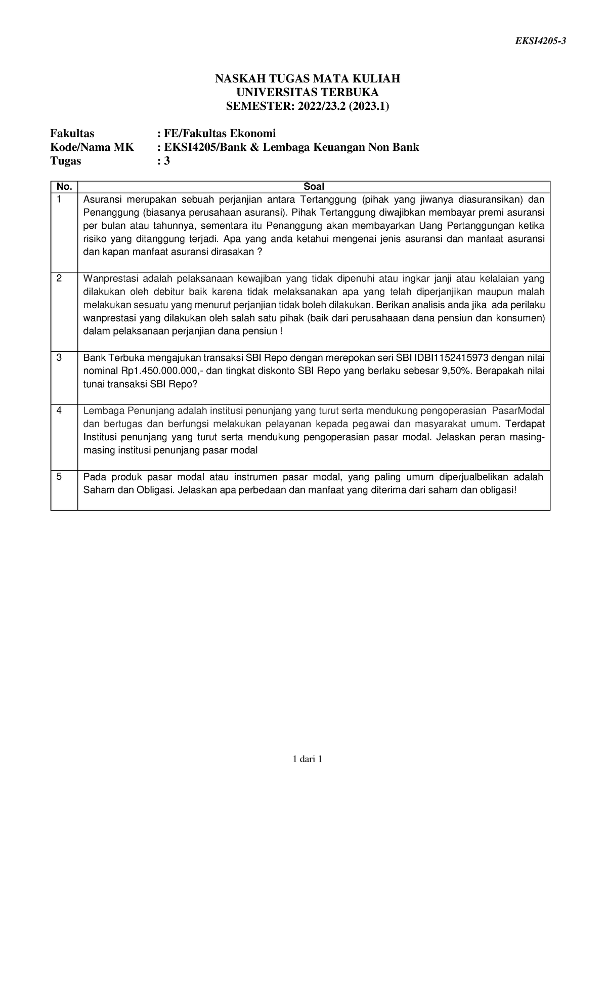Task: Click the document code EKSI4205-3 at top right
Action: pyautogui.click(x=540, y=41)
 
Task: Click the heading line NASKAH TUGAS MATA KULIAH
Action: pyautogui.click(x=308, y=78)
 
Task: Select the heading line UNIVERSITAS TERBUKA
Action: pyautogui.click(x=308, y=92)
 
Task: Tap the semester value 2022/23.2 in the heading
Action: pyautogui.click(x=327, y=106)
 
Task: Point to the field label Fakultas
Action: pyautogui.click(x=72, y=134)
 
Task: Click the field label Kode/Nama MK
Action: pyautogui.click(x=92, y=147)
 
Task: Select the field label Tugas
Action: pyautogui.click(x=65, y=161)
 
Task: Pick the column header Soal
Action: pyautogui.click(x=314, y=187)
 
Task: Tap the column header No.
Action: pyautogui.click(x=64, y=187)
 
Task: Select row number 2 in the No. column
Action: pyautogui.click(x=59, y=278)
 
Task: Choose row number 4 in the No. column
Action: pyautogui.click(x=59, y=410)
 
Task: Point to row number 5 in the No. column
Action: pyautogui.click(x=59, y=477)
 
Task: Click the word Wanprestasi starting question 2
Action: pyautogui.click(x=110, y=278)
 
